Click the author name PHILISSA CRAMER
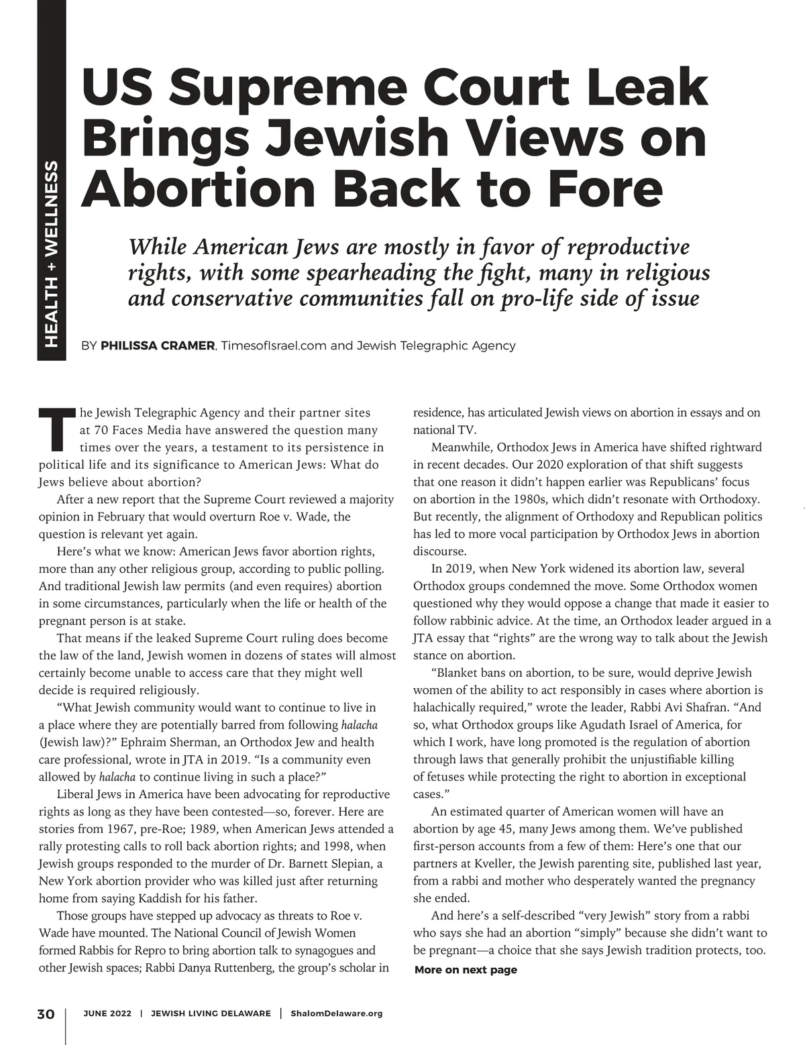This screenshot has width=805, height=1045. point(158,346)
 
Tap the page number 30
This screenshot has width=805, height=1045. point(46,1013)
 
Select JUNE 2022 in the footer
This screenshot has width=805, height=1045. point(107,1013)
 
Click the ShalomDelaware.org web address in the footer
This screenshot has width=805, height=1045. point(337,1013)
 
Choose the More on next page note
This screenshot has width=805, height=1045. point(466,970)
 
